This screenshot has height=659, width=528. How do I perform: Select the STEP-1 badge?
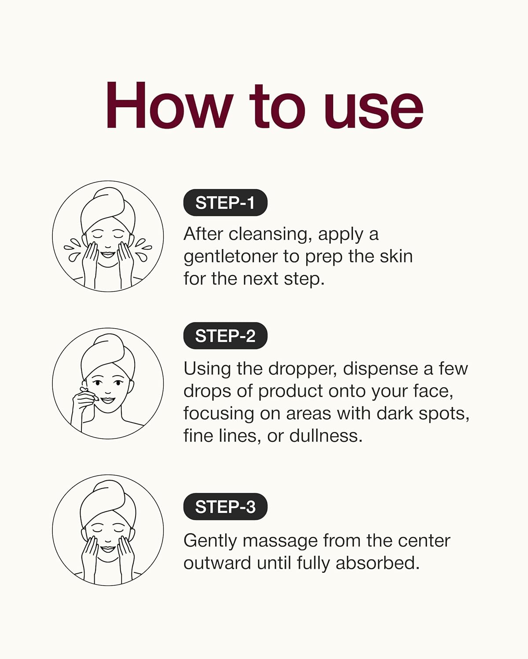point(225,203)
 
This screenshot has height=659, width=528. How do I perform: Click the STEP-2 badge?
point(225,336)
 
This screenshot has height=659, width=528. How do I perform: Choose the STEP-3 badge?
point(225,507)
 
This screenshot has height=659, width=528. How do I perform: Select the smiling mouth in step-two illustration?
point(107,400)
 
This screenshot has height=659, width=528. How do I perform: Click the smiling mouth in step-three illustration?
point(107,549)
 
